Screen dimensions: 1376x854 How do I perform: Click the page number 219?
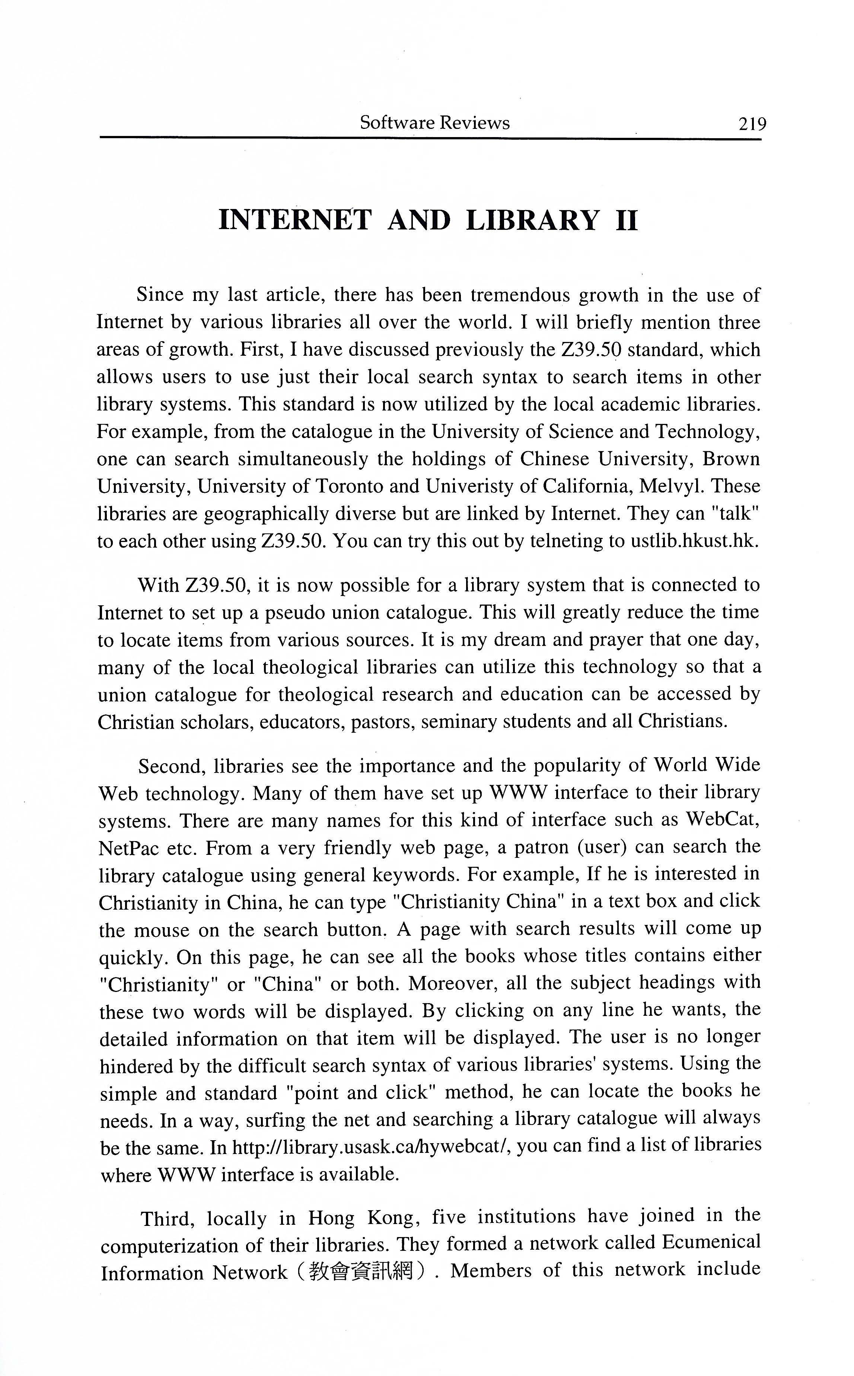pos(752,123)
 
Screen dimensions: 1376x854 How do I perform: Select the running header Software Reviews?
pos(434,123)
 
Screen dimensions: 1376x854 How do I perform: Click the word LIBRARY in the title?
pos(532,221)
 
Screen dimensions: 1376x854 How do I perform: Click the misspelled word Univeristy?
pos(466,486)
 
